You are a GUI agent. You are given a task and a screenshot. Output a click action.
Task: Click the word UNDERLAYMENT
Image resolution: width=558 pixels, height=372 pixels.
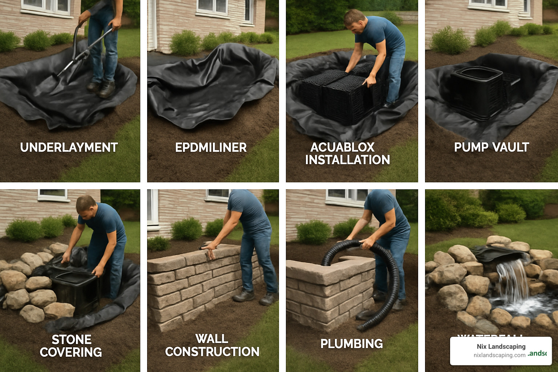pyautogui.click(x=69, y=147)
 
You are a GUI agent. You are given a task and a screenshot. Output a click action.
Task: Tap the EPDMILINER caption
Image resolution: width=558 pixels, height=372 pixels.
pyautogui.click(x=211, y=147)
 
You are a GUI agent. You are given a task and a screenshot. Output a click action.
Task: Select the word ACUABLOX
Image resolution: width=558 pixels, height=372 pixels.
pyautogui.click(x=342, y=147)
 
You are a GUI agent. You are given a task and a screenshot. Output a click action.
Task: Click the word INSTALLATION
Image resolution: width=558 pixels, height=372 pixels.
pyautogui.click(x=347, y=160)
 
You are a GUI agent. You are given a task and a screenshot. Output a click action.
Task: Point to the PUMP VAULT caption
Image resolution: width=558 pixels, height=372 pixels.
pyautogui.click(x=491, y=147)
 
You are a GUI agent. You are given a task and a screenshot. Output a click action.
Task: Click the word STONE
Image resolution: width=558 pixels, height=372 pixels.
pyautogui.click(x=72, y=340)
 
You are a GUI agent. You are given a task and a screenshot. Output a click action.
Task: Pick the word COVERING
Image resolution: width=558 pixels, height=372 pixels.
pyautogui.click(x=71, y=352)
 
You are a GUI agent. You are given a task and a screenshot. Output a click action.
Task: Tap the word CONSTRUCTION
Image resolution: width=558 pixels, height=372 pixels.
pyautogui.click(x=212, y=352)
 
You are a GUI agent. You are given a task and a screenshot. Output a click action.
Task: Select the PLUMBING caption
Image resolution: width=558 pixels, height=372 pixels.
pyautogui.click(x=351, y=344)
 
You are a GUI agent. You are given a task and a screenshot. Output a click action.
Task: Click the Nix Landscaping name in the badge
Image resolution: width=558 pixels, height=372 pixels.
pyautogui.click(x=501, y=347)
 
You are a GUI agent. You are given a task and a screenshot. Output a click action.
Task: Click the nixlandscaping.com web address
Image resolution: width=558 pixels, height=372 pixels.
pyautogui.click(x=500, y=355)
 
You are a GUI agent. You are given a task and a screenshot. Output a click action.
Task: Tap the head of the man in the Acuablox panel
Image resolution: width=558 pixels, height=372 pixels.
pyautogui.click(x=354, y=21)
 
